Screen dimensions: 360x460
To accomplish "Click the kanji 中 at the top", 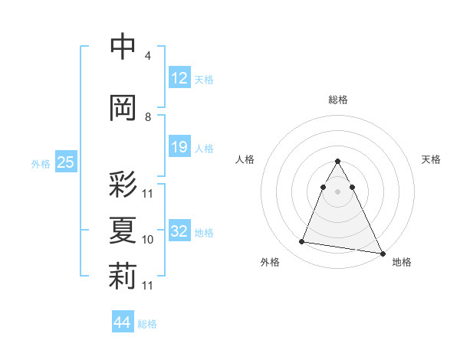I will point(123,47).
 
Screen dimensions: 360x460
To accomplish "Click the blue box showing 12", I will point(179,78).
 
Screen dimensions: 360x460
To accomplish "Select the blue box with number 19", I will point(179,147).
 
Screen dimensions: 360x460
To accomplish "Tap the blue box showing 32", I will point(179,231).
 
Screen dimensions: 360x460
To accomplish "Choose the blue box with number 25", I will point(65,162).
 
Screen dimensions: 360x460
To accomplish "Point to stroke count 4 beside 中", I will point(147,56).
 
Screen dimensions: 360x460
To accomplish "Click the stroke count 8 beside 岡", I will point(147,117).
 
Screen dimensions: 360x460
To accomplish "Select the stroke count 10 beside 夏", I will point(148,240).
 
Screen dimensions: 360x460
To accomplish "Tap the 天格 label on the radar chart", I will point(432,159).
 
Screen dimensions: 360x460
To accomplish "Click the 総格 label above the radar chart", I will point(338,100).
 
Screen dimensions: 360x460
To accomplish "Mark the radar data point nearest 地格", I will point(382,254).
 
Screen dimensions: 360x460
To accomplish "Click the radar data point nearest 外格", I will point(302,242).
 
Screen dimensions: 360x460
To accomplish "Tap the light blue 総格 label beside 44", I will point(147,323).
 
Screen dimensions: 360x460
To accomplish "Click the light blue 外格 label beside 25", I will point(40,163).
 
